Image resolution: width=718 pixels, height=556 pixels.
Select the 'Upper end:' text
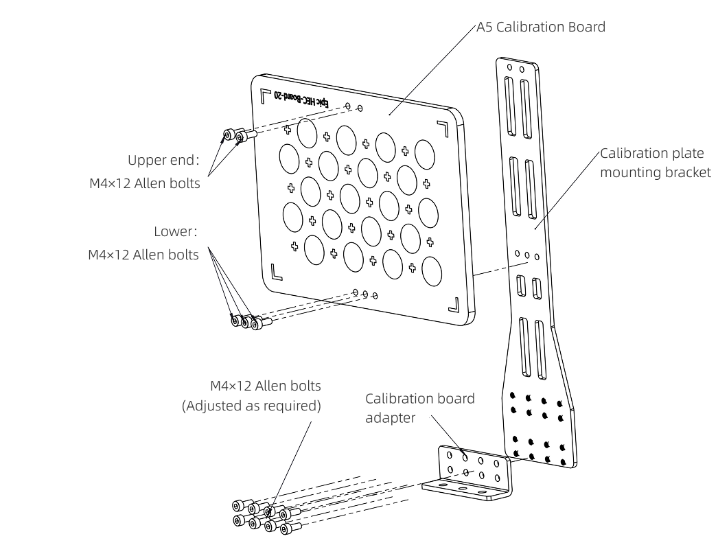pyautogui.click(x=163, y=160)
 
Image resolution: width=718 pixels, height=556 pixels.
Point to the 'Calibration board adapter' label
pyautogui.click(x=419, y=408)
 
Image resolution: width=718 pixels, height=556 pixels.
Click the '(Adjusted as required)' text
pyautogui.click(x=251, y=405)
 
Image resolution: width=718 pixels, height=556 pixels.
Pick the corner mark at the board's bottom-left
pyautogui.click(x=276, y=272)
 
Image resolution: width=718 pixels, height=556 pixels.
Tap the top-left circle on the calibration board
pyautogui.click(x=307, y=132)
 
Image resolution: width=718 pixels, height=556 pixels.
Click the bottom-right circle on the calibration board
pyautogui.click(x=432, y=271)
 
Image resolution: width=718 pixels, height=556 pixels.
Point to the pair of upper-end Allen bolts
pyautogui.click(x=233, y=136)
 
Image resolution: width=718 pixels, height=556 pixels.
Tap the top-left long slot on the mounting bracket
pyautogui.click(x=509, y=106)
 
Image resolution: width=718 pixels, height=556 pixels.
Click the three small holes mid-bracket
pyautogui.click(x=527, y=255)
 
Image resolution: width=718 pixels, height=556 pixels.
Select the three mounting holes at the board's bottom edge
pyautogui.click(x=365, y=294)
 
